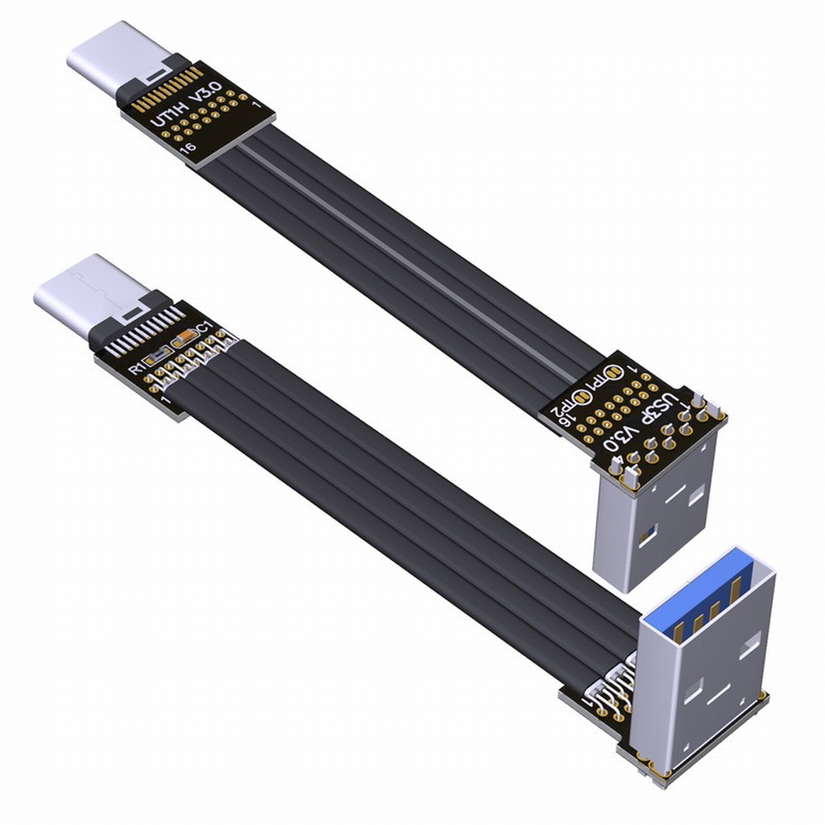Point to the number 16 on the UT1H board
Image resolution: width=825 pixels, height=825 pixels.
pos(189,148)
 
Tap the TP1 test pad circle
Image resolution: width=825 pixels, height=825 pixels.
pos(613,377)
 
